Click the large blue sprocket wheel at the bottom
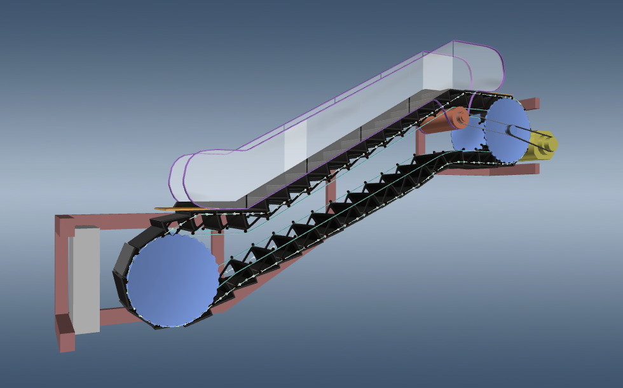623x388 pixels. pyautogui.click(x=172, y=281)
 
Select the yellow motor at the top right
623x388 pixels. pyautogui.click(x=544, y=142)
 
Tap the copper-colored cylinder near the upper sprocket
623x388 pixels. pyautogui.click(x=442, y=121)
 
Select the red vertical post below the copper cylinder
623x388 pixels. pyautogui.click(x=420, y=143)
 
